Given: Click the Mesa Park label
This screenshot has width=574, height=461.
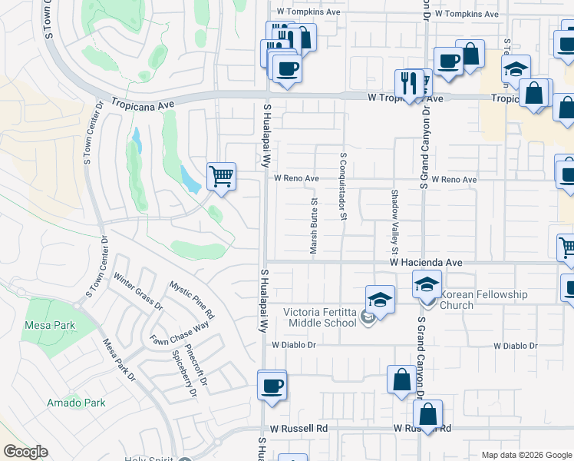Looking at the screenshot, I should pos(50,325).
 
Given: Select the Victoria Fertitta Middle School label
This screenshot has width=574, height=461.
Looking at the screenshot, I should pos(321,317).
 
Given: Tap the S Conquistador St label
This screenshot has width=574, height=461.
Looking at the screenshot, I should pos(342,185).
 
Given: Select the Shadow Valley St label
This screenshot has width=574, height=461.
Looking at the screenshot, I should pos(395,222).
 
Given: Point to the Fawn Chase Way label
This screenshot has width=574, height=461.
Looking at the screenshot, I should pos(180,334).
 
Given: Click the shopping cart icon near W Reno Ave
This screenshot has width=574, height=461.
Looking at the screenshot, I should pos(221,176).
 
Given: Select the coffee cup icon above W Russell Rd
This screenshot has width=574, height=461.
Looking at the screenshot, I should pos(271,386).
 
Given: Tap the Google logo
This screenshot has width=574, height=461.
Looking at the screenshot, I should pos(25,452).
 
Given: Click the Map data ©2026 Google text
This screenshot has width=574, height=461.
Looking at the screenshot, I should pos(526,455).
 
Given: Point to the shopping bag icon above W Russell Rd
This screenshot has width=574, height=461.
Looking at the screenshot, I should pos(401,379).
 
